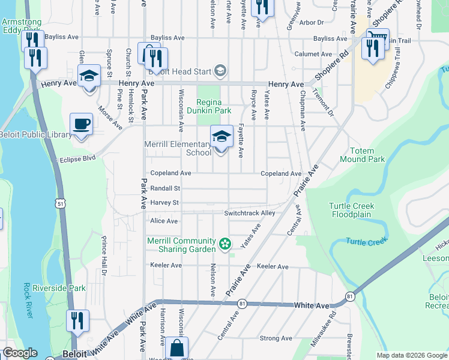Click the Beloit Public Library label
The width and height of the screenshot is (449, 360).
click(x=36, y=135)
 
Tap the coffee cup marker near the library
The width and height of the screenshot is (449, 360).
click(x=82, y=124)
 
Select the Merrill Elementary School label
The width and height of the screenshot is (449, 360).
click(x=178, y=148)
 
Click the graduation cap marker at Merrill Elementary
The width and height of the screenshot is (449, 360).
click(x=221, y=137)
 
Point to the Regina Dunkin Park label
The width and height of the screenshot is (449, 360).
click(x=214, y=106)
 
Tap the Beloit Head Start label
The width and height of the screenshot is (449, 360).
click(x=182, y=72)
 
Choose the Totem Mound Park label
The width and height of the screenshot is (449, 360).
click(x=362, y=155)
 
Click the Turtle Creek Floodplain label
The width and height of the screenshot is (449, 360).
click(x=352, y=210)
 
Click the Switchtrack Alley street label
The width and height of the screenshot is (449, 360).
click(x=249, y=213)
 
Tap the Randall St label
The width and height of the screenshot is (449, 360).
click(x=165, y=188)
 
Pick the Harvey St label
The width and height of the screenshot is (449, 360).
click(x=164, y=203)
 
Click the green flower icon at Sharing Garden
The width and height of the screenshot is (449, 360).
click(x=224, y=244)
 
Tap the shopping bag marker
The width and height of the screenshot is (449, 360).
click(x=178, y=347)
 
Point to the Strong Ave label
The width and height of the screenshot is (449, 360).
click(x=276, y=338)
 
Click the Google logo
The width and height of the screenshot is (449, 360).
click(x=20, y=353)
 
